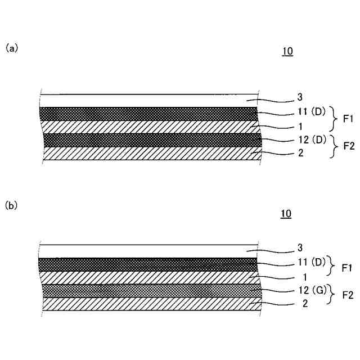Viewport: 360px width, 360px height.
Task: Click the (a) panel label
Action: (12, 48)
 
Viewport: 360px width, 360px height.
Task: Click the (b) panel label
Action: (12, 206)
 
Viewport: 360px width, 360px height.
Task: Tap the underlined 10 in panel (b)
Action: (286, 214)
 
